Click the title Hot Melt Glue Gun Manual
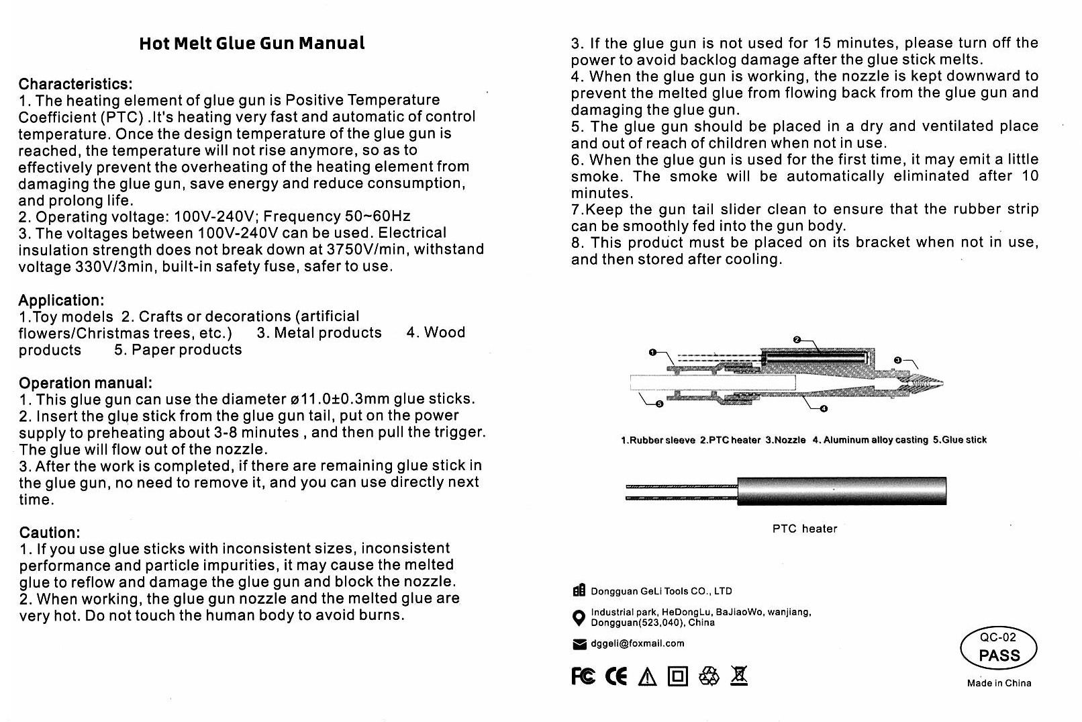coord(252,44)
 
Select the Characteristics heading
coord(75,84)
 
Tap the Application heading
coord(61,300)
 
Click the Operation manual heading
coord(85,383)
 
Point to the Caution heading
coord(49,533)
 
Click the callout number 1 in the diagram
coord(652,352)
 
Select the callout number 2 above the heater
coord(797,340)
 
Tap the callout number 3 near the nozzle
coord(898,361)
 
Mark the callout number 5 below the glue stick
coord(659,404)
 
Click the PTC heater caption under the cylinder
coord(805,529)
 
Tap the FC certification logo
coord(583,676)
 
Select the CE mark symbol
coord(616,676)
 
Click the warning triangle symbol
coord(647,677)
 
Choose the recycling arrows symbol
coord(709,676)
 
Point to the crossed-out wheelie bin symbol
coord(739,676)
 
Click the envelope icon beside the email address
coord(579,644)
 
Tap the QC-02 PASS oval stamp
coord(999,648)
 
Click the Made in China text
coord(999,683)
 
